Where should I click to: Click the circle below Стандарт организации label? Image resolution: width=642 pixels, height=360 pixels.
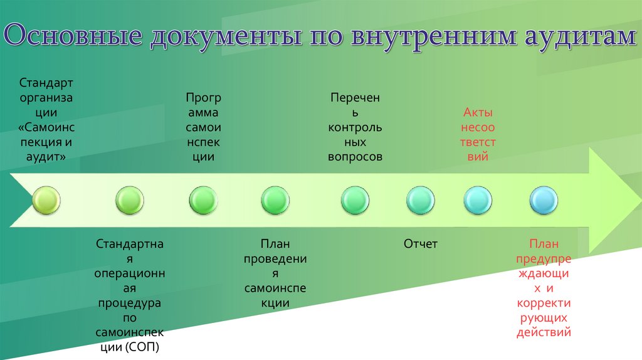pyautogui.click(x=46, y=201)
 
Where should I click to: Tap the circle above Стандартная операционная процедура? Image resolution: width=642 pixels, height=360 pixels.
pyautogui.click(x=130, y=201)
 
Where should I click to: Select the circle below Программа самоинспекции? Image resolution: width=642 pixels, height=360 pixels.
pyautogui.click(x=203, y=201)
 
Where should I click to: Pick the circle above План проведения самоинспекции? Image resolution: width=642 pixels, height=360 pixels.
pyautogui.click(x=275, y=201)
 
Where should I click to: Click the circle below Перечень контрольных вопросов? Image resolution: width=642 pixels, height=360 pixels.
pyautogui.click(x=355, y=201)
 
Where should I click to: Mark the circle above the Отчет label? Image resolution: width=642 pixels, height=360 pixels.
pyautogui.click(x=420, y=201)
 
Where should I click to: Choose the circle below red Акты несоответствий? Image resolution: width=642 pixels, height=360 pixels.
pyautogui.click(x=478, y=201)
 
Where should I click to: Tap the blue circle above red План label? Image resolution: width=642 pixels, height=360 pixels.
pyautogui.click(x=544, y=201)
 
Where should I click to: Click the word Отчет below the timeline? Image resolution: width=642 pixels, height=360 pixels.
pyautogui.click(x=420, y=244)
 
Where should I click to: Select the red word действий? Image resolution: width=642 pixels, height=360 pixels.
pyautogui.click(x=544, y=332)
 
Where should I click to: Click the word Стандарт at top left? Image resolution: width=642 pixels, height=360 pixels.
pyautogui.click(x=46, y=83)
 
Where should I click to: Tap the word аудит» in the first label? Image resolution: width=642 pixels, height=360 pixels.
pyautogui.click(x=46, y=157)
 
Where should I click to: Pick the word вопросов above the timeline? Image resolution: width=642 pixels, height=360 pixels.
pyautogui.click(x=355, y=157)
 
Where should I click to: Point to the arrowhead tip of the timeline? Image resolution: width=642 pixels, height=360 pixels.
pyautogui.click(x=634, y=201)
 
